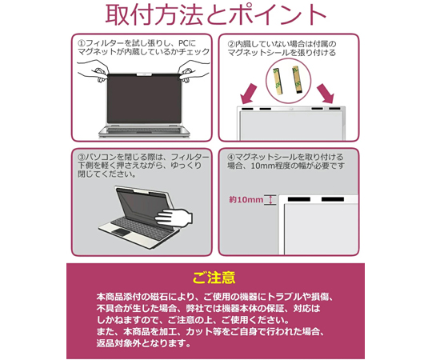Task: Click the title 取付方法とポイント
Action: (216, 15)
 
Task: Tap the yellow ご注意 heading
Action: (214, 278)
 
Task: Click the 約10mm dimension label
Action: (246, 199)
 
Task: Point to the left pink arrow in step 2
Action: (248, 94)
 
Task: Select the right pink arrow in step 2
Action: (326, 94)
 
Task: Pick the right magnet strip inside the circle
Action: (297, 79)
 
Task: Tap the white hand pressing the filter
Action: (174, 218)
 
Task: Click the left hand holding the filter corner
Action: (93, 71)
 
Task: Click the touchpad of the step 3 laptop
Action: (120, 232)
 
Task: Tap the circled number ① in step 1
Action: (82, 43)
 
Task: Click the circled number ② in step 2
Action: (231, 44)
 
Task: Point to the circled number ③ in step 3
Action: (82, 158)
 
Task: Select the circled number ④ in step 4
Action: (231, 158)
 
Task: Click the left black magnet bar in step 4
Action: (299, 199)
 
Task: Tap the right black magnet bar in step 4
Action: (333, 199)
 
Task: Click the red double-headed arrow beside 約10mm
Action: (271, 200)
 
